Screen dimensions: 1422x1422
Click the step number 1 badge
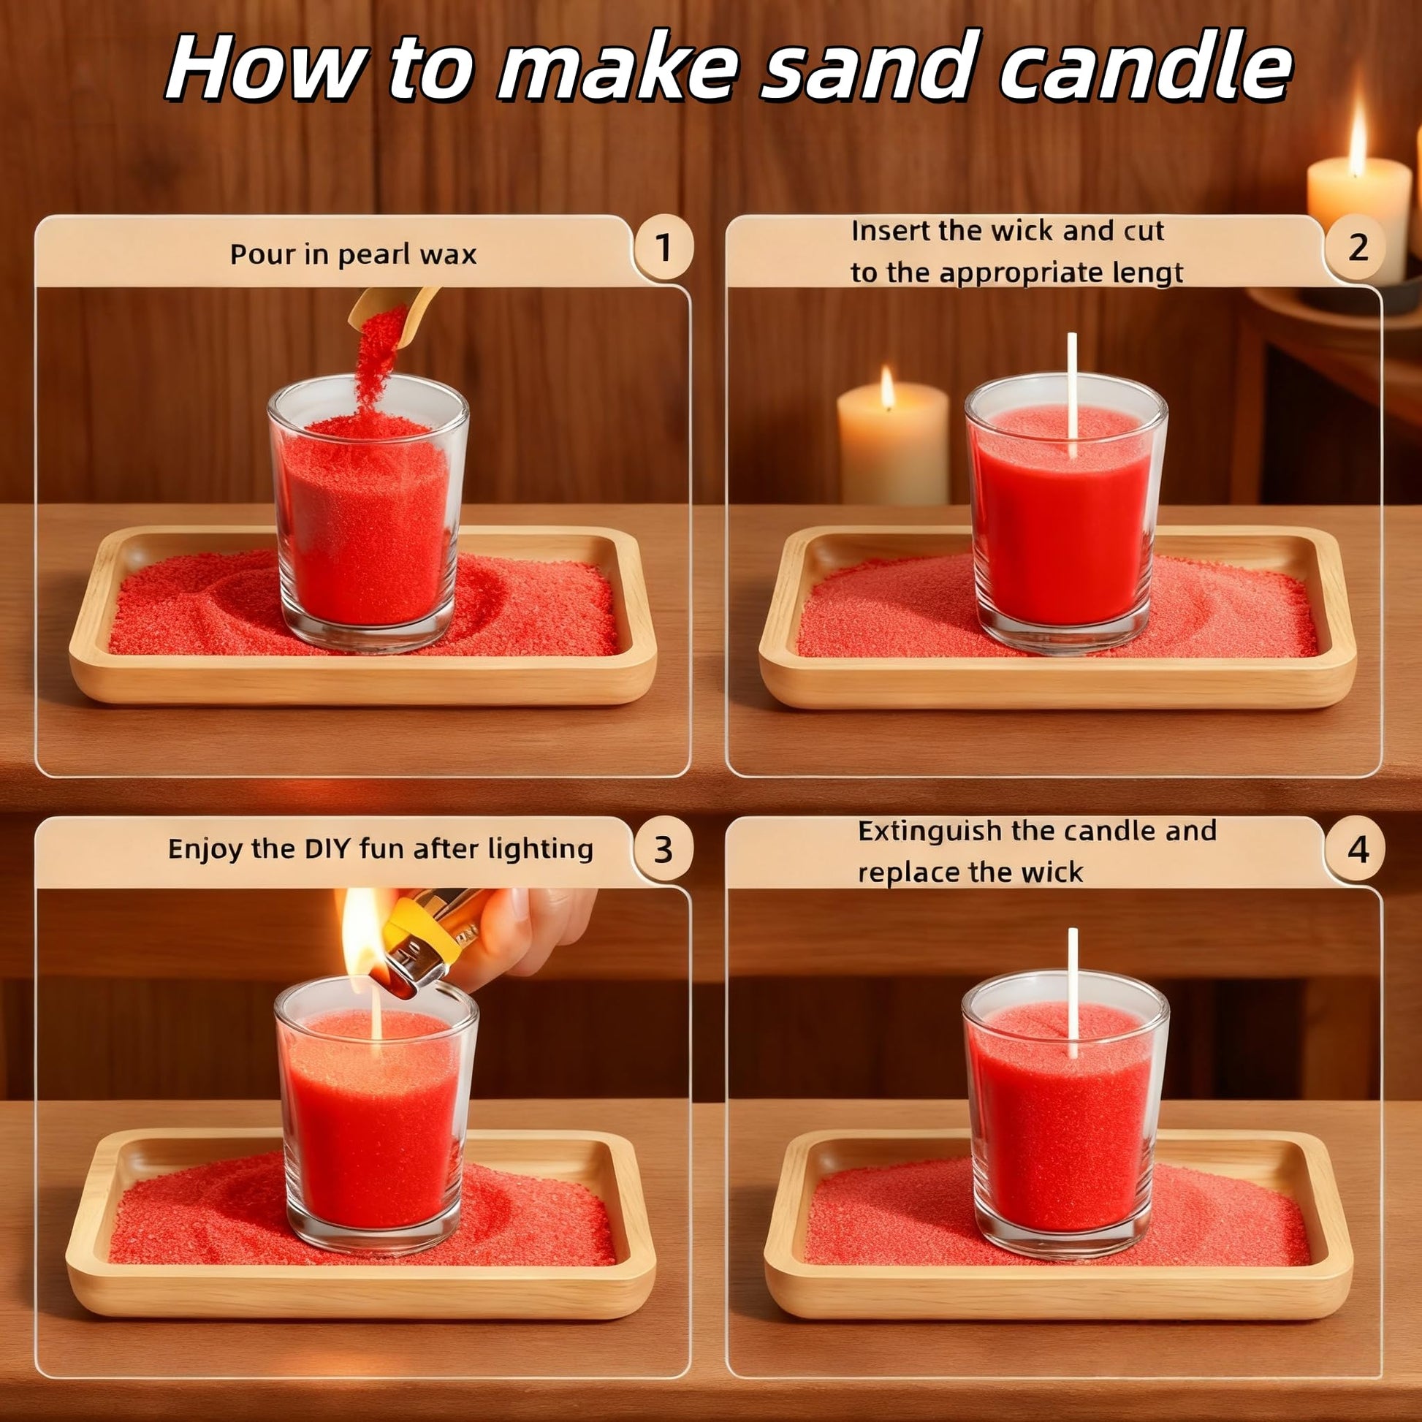coord(664,248)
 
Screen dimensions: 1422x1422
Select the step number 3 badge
coord(664,849)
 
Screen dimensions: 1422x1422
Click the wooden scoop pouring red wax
coord(394,309)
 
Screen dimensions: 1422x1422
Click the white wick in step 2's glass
coord(1073,395)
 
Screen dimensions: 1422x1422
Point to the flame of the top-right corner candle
coord(1358,136)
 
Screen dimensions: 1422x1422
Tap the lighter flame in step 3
coord(362,931)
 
